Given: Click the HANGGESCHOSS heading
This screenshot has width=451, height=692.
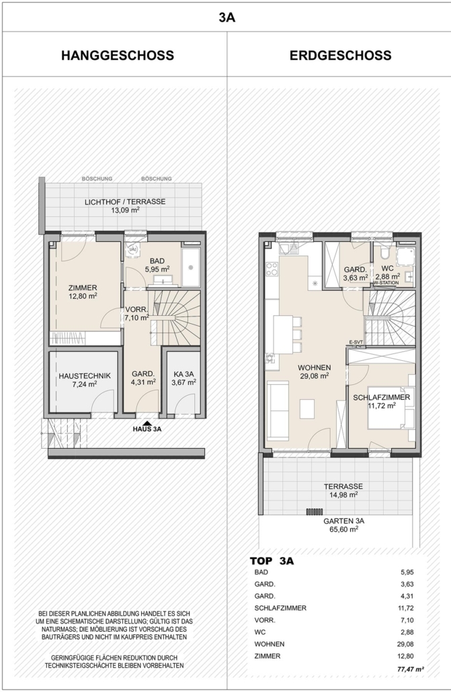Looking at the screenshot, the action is coord(118,56).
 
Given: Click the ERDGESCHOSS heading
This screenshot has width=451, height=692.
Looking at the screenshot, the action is coord(340,56).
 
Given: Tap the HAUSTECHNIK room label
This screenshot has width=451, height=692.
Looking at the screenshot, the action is coord(85,376).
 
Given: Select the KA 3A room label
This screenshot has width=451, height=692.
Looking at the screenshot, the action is coord(183,374).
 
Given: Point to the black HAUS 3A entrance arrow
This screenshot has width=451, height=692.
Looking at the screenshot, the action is coord(147,423).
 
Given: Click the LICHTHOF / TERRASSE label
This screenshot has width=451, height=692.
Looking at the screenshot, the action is coord(125,202).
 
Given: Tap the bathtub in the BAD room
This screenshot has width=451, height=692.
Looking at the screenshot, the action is coord(191,267).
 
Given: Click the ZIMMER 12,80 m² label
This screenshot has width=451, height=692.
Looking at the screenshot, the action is coord(83,292).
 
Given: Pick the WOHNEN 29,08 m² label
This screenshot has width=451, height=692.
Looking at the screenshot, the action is coord(314,372).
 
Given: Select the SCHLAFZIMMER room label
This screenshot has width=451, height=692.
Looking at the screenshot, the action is coord(381,397).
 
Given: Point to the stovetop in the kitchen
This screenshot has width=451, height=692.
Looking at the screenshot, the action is coord(272,269).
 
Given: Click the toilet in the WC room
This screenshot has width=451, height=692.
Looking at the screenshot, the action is coord(384,253).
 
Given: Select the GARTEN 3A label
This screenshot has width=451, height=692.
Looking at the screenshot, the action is coord(343,521).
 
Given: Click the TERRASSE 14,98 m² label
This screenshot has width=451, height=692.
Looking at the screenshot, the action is coord(343,490).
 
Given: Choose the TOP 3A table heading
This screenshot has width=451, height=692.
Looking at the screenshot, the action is coord(272,561).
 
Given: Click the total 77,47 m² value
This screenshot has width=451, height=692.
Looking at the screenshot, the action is coord(411,669).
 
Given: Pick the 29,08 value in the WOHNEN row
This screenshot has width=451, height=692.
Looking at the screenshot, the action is coord(405,644).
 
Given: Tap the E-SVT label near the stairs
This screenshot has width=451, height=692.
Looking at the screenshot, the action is coord(356,342).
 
